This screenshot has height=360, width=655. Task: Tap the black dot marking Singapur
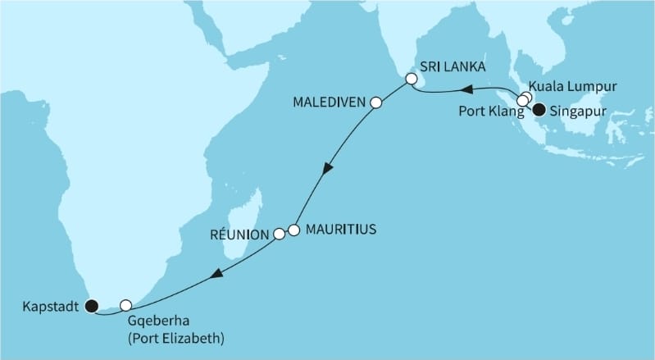[x=539, y=110]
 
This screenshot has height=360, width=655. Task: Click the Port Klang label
[x=487, y=107]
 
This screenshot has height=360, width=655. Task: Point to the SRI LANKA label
[x=453, y=66]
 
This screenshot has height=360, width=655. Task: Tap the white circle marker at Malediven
[x=376, y=103]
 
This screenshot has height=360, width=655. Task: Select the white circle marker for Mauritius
[x=293, y=230]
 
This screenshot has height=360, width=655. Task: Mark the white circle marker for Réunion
[x=279, y=235]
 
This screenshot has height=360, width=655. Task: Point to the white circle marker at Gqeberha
[x=125, y=305]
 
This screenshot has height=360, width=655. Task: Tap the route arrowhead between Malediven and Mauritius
[x=328, y=169]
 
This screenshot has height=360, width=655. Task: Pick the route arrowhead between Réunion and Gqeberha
[x=216, y=276]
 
